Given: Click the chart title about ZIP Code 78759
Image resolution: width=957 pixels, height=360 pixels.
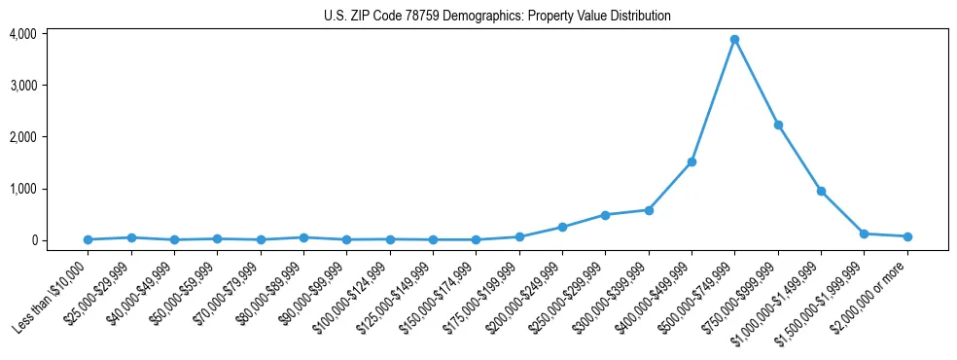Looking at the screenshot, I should tap(497, 16).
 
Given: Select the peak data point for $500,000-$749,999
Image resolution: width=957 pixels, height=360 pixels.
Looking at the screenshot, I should tap(734, 40).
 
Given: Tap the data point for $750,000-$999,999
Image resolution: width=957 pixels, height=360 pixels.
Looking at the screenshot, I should tap(778, 125).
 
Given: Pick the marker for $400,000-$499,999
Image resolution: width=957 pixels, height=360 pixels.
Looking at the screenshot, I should tap(691, 162).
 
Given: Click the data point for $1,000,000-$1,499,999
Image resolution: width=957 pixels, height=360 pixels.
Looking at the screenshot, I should tap(821, 191).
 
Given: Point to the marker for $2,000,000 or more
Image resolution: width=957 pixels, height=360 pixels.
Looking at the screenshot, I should tap(907, 236).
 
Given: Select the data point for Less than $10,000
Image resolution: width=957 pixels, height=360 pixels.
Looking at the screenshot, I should tap(89, 239).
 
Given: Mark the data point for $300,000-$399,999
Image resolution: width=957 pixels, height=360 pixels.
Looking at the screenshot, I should tap(649, 210).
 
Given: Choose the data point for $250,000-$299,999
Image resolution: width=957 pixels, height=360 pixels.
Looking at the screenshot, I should tap(605, 215).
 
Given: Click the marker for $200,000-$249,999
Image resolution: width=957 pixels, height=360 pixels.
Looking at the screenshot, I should tap(562, 227).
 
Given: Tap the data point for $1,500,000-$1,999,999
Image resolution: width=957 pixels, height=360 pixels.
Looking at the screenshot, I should tap(864, 234).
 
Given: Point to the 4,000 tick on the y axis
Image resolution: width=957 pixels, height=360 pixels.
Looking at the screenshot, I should tap(23, 34).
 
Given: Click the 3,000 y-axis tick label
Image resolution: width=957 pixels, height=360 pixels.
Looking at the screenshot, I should tap(23, 86).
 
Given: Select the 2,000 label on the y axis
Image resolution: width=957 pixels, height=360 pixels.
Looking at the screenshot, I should tap(23, 137).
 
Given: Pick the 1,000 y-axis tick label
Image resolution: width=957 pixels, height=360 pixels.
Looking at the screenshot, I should tap(23, 189).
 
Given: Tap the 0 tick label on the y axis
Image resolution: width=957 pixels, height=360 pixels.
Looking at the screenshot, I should tap(33, 240).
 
